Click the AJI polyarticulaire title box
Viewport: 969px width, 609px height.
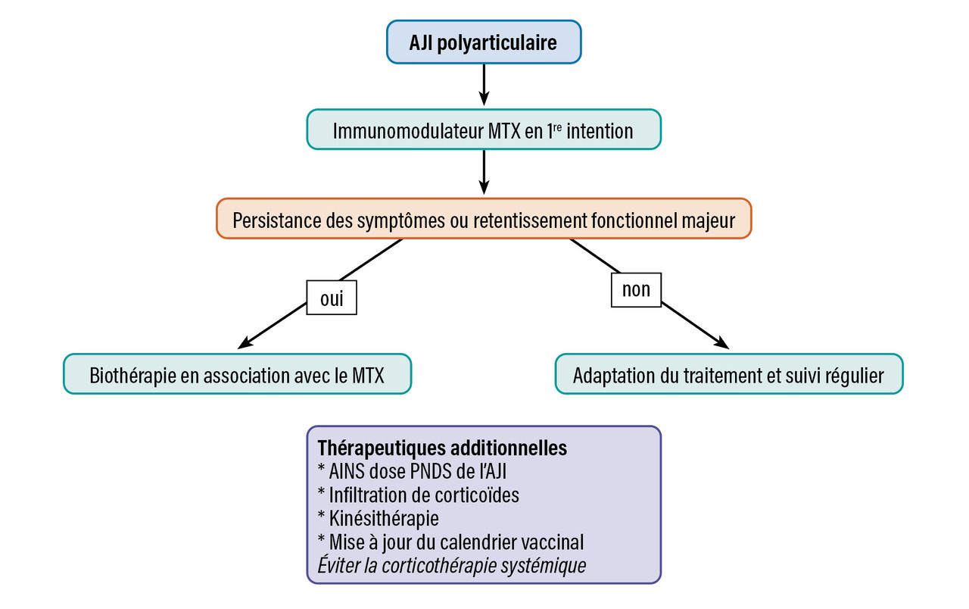[484, 42]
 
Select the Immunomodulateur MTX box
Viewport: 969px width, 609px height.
[484, 130]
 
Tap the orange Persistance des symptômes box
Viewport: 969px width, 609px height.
[484, 220]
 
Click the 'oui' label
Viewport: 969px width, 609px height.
[332, 298]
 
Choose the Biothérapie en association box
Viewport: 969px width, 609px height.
[237, 374]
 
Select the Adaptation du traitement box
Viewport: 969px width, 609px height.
[728, 374]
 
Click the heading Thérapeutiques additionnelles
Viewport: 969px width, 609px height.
[442, 448]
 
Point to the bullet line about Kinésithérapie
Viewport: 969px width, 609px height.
[379, 519]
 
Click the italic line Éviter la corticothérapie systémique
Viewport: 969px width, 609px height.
[452, 565]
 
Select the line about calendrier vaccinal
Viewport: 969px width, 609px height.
[450, 542]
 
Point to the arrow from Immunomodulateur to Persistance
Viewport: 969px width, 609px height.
[484, 173]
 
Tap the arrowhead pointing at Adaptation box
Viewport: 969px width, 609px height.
[721, 344]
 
